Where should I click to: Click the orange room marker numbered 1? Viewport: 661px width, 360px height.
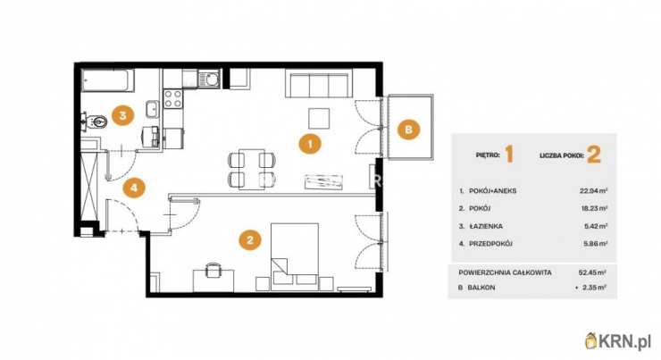tap(310, 144)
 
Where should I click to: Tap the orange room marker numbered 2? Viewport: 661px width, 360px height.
tap(250, 240)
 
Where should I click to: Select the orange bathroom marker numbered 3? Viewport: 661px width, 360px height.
tap(122, 114)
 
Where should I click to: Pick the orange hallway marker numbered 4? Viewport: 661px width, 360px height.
tap(134, 188)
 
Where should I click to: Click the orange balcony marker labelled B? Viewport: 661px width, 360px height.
tap(408, 130)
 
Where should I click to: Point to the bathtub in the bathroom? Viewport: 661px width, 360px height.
tap(108, 81)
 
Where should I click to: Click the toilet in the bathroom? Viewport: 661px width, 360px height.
tap(95, 121)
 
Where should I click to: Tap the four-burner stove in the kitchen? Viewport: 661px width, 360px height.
tap(173, 98)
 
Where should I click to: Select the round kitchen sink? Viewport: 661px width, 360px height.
tap(209, 79)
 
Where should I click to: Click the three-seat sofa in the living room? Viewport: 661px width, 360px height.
tap(319, 84)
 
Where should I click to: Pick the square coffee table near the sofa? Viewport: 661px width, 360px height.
tap(319, 119)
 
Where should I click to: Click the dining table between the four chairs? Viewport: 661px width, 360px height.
tap(252, 170)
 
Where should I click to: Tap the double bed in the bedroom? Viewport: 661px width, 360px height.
tap(295, 256)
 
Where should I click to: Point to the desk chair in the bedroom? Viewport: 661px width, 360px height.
tap(213, 270)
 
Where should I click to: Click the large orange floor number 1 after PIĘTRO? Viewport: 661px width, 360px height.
tap(509, 155)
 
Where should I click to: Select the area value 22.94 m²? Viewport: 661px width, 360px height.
tap(593, 191)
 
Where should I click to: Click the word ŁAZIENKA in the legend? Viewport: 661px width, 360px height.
tap(486, 226)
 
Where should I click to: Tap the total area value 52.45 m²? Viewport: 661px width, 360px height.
tap(592, 272)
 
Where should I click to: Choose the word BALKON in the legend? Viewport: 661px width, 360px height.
tap(481, 288)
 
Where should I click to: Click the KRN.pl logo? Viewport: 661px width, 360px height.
tap(617, 340)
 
